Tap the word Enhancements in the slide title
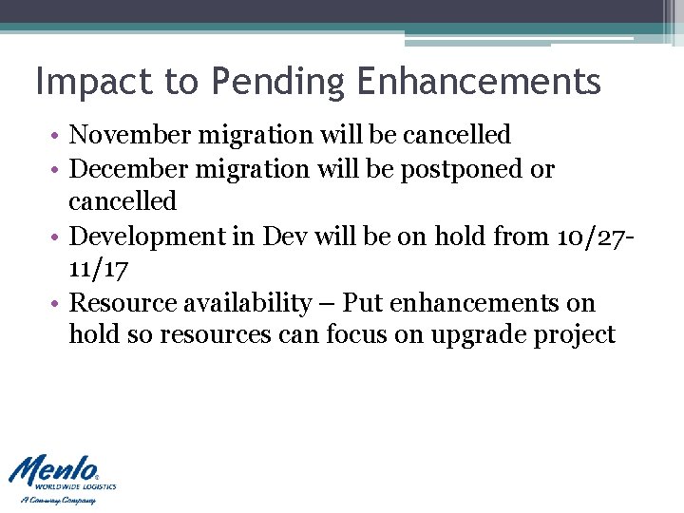(x=480, y=82)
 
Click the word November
(x=131, y=135)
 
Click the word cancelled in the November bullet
(x=457, y=135)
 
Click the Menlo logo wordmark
(x=53, y=470)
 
